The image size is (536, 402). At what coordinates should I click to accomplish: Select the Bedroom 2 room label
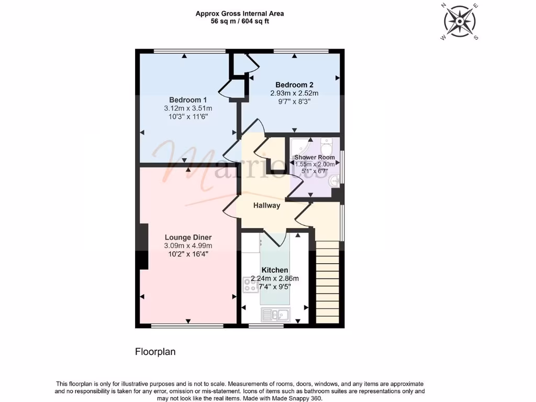coord(294,85)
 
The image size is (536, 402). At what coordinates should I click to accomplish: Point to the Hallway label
coord(266,206)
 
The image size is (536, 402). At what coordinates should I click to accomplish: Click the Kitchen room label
coord(275,270)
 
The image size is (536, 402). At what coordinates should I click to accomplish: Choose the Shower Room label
coord(314,157)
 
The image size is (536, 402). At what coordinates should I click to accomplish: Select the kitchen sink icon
coord(275,314)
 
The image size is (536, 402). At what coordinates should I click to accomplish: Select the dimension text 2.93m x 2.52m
coord(294,93)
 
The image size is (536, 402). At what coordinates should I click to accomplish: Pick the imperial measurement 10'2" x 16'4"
coord(188,254)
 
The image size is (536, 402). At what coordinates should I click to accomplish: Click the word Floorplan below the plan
coord(155,352)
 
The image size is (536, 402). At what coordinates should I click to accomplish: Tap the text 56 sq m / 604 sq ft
coord(240,21)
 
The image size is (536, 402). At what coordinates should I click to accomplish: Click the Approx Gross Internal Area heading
coord(240,14)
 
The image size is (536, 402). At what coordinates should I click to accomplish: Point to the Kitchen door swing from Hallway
coord(274,238)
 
